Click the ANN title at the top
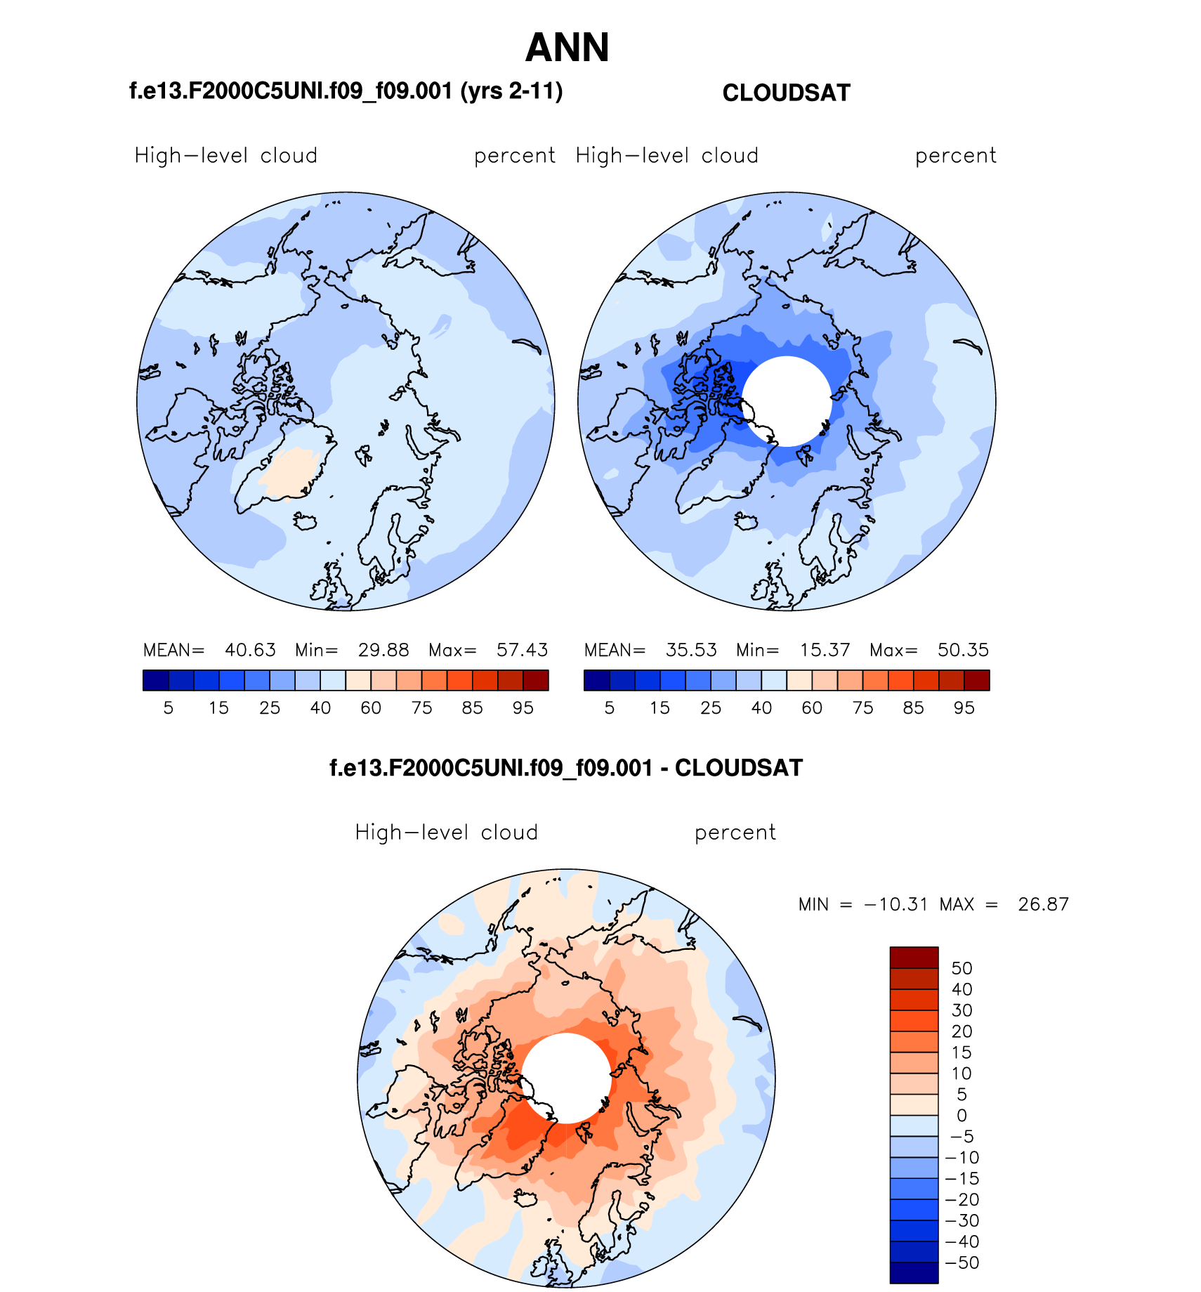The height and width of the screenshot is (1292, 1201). [567, 48]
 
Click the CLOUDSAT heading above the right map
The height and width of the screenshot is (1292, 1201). [786, 93]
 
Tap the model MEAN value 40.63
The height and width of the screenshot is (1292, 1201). [250, 650]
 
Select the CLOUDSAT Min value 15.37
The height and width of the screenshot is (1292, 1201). [825, 650]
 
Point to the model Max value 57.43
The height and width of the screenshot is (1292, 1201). [522, 650]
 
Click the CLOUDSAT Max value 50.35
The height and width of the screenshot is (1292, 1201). [963, 650]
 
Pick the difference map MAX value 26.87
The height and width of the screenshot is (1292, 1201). [1043, 904]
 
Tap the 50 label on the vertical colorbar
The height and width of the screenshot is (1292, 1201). [962, 968]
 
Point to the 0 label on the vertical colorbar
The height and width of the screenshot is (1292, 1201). [962, 1116]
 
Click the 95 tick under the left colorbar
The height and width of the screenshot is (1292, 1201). [523, 708]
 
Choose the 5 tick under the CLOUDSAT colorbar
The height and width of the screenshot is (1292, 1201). [610, 708]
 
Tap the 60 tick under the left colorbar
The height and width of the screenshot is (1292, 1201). [371, 708]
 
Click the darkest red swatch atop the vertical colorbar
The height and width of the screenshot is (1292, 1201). [914, 958]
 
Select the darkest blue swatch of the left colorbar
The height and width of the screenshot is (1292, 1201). [155, 680]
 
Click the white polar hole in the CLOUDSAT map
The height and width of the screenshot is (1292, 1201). [787, 401]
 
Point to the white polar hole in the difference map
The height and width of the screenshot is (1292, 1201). [566, 1078]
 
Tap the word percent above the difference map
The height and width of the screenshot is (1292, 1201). [735, 833]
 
